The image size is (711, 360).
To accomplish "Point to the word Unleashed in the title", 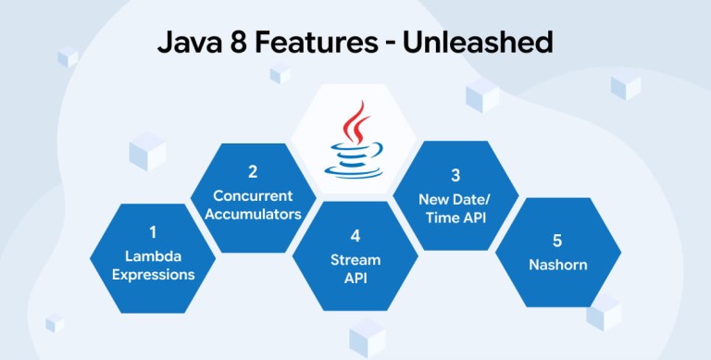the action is point(478,43).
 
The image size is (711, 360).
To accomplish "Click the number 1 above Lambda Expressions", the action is point(153,232).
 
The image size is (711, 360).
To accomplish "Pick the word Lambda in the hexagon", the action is point(154,256).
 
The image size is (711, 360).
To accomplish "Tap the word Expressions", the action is point(154,275).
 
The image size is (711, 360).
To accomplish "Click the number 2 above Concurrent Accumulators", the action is point(253,172).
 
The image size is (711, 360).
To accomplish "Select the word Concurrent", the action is point(253,196).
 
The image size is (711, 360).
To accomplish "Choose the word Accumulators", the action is point(253,214).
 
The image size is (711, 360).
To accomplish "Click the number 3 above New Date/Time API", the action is point(455,175).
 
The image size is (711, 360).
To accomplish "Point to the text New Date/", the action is point(455,199).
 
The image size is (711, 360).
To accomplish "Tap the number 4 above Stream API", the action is point(355,236).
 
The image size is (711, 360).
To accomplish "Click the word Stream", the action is point(355,260).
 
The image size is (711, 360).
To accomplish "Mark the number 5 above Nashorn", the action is point(557,241).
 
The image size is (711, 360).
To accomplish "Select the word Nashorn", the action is point(557,265).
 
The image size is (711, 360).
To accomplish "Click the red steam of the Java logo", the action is point(355,122).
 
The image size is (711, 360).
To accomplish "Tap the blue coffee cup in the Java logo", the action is point(354,160).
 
